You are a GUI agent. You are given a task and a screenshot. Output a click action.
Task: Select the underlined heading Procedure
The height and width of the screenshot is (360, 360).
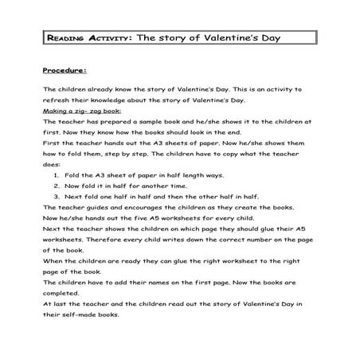click(x=65, y=69)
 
